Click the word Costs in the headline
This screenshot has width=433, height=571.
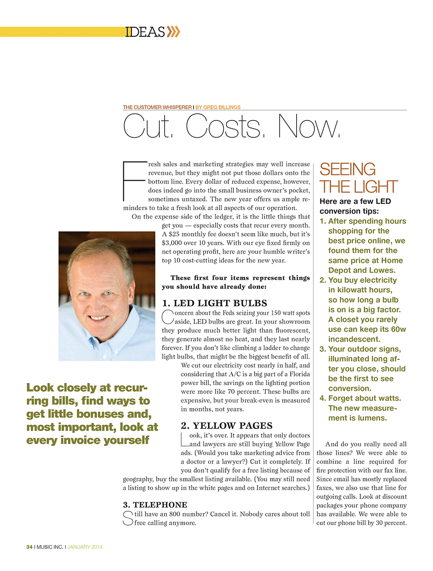tap(224, 126)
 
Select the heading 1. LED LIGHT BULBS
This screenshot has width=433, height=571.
tap(214, 303)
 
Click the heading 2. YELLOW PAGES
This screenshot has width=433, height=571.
tap(226, 425)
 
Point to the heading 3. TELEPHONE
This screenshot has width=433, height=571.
tap(155, 505)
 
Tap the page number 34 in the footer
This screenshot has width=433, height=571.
tap(29, 547)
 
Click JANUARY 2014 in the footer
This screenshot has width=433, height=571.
tap(85, 547)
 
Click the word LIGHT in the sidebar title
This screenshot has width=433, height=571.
tap(377, 187)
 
